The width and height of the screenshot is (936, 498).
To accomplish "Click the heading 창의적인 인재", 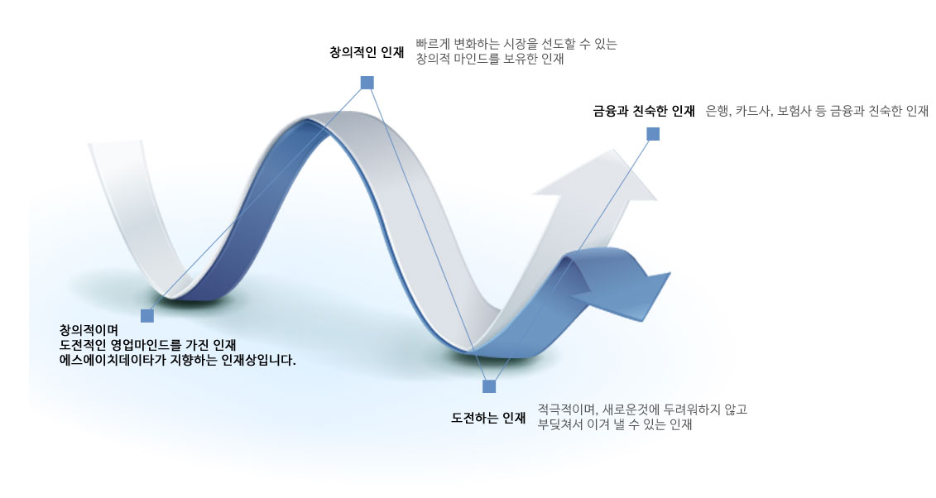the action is point(367,52).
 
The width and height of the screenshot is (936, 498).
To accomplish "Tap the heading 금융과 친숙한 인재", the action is point(644,111).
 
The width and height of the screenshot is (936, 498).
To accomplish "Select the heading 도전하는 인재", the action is point(488,418).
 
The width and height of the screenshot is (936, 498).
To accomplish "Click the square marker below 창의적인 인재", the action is point(367,82).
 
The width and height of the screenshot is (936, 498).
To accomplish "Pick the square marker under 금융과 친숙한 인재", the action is point(653,134).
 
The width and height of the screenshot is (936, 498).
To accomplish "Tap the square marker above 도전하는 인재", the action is point(489,386).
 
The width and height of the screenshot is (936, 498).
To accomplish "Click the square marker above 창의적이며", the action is point(146,315).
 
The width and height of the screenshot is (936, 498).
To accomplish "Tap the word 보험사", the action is point(793,111).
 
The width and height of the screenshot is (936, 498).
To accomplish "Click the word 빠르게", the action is point(432,44).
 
